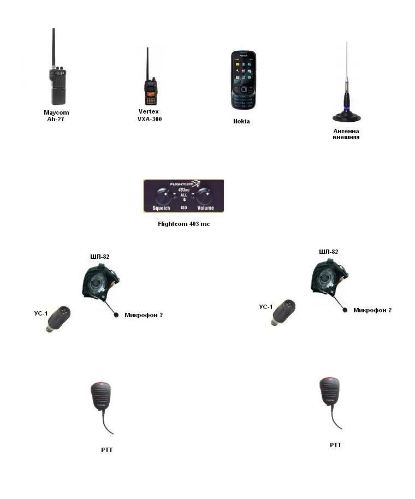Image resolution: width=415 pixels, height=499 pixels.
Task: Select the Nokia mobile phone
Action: [244, 80]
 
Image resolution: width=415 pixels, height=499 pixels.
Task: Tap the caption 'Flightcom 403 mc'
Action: [183, 224]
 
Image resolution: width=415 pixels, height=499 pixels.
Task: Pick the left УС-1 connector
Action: [58, 318]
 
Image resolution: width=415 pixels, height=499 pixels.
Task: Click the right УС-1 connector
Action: [283, 312]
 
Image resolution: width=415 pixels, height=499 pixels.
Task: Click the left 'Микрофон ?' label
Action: [144, 316]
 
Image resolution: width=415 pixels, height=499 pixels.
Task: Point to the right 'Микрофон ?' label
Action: [372, 310]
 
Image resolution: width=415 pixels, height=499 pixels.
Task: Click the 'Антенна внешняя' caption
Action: [346, 134]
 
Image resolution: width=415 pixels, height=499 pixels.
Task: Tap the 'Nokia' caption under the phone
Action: [241, 121]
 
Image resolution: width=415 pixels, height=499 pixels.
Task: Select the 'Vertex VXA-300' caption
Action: [150, 115]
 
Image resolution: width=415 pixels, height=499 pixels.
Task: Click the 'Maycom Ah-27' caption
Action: [56, 116]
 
